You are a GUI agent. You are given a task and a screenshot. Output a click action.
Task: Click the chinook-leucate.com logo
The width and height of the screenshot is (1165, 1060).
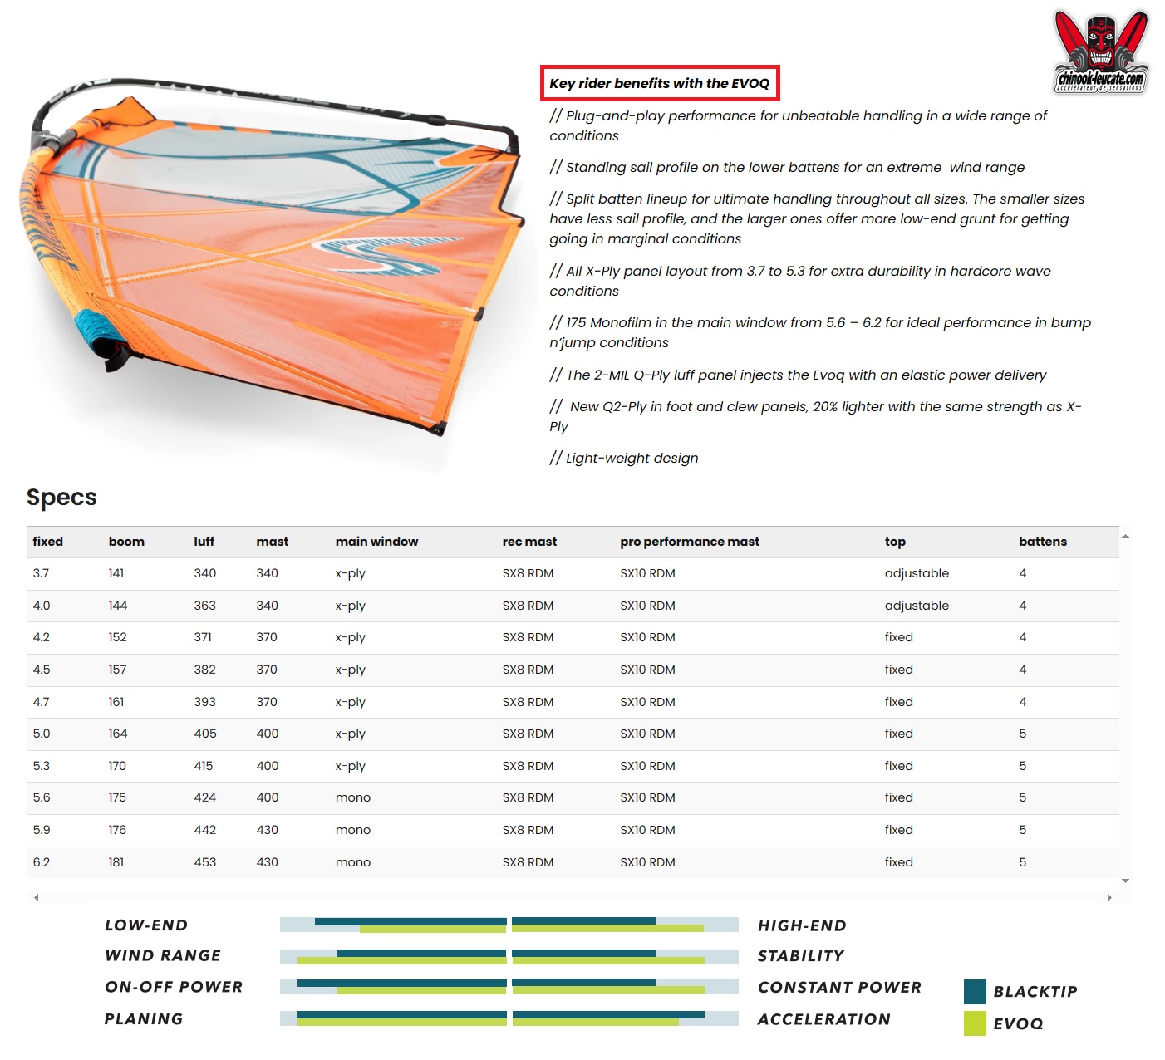1100,52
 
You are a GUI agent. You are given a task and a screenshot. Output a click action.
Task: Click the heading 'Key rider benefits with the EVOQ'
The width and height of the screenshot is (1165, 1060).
660,83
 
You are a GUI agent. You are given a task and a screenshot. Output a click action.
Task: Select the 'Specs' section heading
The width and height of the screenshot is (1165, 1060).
61,497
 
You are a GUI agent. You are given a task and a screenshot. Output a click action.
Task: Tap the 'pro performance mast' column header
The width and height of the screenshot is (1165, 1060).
689,542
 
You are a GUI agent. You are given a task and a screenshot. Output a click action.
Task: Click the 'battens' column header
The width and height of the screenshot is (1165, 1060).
1042,542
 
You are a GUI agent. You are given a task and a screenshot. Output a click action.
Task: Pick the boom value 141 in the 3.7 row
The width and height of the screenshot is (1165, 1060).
116,573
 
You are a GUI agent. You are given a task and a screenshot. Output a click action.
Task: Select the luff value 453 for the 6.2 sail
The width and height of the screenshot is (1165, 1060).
204,862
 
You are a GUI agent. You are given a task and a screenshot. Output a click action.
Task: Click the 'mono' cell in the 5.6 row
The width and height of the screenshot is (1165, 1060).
352,797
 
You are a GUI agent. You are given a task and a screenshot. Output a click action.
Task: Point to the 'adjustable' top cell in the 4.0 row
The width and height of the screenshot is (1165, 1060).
916,606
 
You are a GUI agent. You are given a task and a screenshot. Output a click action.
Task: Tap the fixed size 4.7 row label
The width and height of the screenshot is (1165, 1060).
41,702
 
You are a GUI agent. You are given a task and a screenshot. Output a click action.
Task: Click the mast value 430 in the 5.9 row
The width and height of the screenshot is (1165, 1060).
267,830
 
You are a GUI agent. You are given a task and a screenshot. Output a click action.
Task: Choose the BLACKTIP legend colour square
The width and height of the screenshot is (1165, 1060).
975,991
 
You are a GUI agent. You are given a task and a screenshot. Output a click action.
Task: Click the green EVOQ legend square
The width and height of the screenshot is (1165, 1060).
975,1023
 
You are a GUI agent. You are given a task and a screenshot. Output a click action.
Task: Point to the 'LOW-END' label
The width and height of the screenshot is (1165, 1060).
146,925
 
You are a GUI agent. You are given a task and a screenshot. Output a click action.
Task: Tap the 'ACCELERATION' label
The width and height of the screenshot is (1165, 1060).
823,1019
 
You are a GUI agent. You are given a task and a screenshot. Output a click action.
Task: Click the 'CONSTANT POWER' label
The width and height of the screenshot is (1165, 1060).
839,987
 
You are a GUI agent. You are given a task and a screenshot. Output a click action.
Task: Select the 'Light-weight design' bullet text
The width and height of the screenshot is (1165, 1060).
632,458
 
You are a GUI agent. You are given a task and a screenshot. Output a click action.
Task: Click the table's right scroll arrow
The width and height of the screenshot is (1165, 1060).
1109,897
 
